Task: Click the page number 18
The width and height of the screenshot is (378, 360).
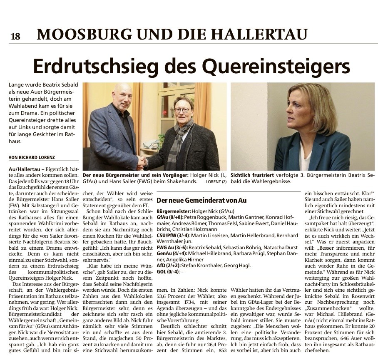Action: (15, 36)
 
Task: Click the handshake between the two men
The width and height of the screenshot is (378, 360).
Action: (143, 161)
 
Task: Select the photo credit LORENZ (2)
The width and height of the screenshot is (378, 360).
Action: (216, 182)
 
